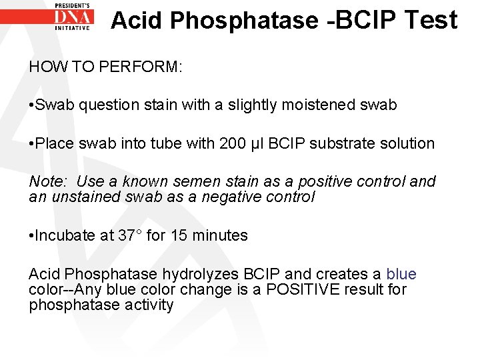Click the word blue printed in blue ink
pos(401,274)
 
